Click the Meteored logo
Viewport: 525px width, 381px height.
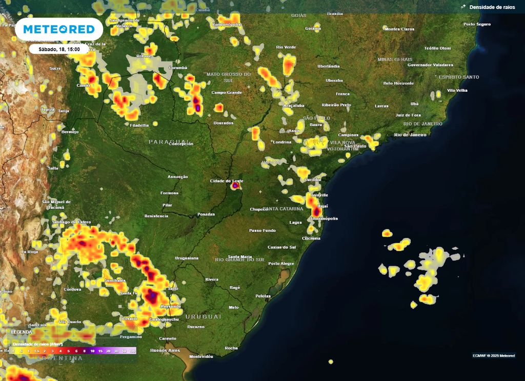(x=58, y=29)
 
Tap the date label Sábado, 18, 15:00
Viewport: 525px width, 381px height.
(x=58, y=49)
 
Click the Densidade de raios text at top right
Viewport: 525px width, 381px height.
(x=491, y=7)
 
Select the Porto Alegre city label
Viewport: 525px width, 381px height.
(x=281, y=264)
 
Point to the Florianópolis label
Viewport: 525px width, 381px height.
(x=324, y=218)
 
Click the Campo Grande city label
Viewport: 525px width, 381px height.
(x=226, y=93)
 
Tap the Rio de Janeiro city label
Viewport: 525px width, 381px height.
(x=410, y=135)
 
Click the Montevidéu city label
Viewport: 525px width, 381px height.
(x=200, y=356)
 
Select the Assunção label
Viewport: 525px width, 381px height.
(x=178, y=177)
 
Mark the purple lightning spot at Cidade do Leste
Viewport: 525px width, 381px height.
(x=235, y=186)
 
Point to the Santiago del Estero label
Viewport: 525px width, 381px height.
(x=71, y=222)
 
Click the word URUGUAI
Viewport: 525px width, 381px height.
(x=203, y=316)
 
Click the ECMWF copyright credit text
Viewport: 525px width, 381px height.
(x=493, y=355)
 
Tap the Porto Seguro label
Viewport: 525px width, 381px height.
(x=476, y=24)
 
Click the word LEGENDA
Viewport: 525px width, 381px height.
(x=22, y=332)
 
